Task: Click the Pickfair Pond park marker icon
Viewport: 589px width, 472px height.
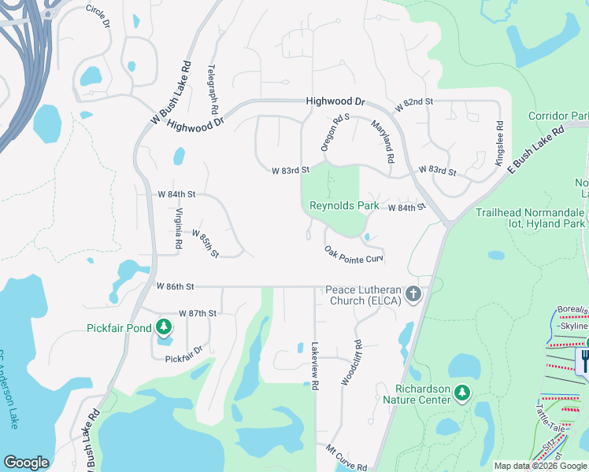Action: click(x=164, y=326)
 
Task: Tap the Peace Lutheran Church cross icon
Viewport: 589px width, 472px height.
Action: click(x=413, y=295)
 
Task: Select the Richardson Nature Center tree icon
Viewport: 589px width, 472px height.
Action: click(x=461, y=392)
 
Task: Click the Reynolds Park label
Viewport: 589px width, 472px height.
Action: click(x=344, y=206)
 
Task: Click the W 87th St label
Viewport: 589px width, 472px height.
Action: click(x=197, y=313)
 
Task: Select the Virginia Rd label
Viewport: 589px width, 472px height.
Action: click(x=179, y=229)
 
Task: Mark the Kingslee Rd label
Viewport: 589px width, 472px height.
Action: click(x=498, y=142)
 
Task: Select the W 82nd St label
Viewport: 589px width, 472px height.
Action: click(x=414, y=103)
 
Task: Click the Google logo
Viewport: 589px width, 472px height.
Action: click(x=26, y=463)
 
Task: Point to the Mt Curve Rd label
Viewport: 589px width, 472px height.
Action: click(x=346, y=460)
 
